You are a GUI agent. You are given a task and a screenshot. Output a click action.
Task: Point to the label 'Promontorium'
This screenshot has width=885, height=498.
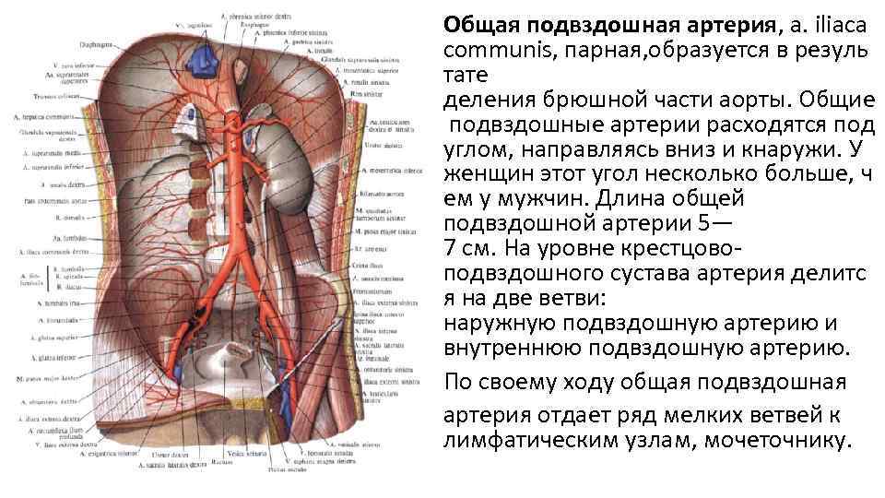(372, 292)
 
